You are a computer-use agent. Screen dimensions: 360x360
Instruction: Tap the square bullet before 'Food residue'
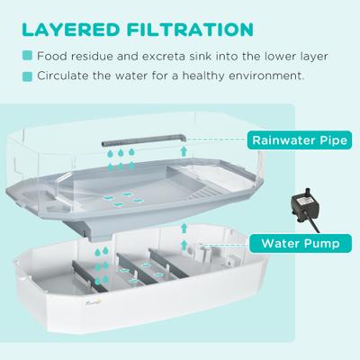tap(29, 56)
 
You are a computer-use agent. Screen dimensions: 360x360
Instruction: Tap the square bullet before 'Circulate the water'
tap(29, 75)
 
